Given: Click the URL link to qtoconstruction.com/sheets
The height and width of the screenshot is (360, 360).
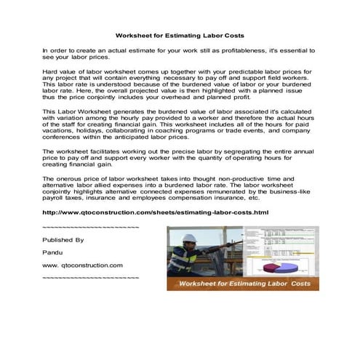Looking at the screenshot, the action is point(156,212).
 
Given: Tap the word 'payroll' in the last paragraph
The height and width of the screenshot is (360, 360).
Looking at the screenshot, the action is point(55,197).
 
